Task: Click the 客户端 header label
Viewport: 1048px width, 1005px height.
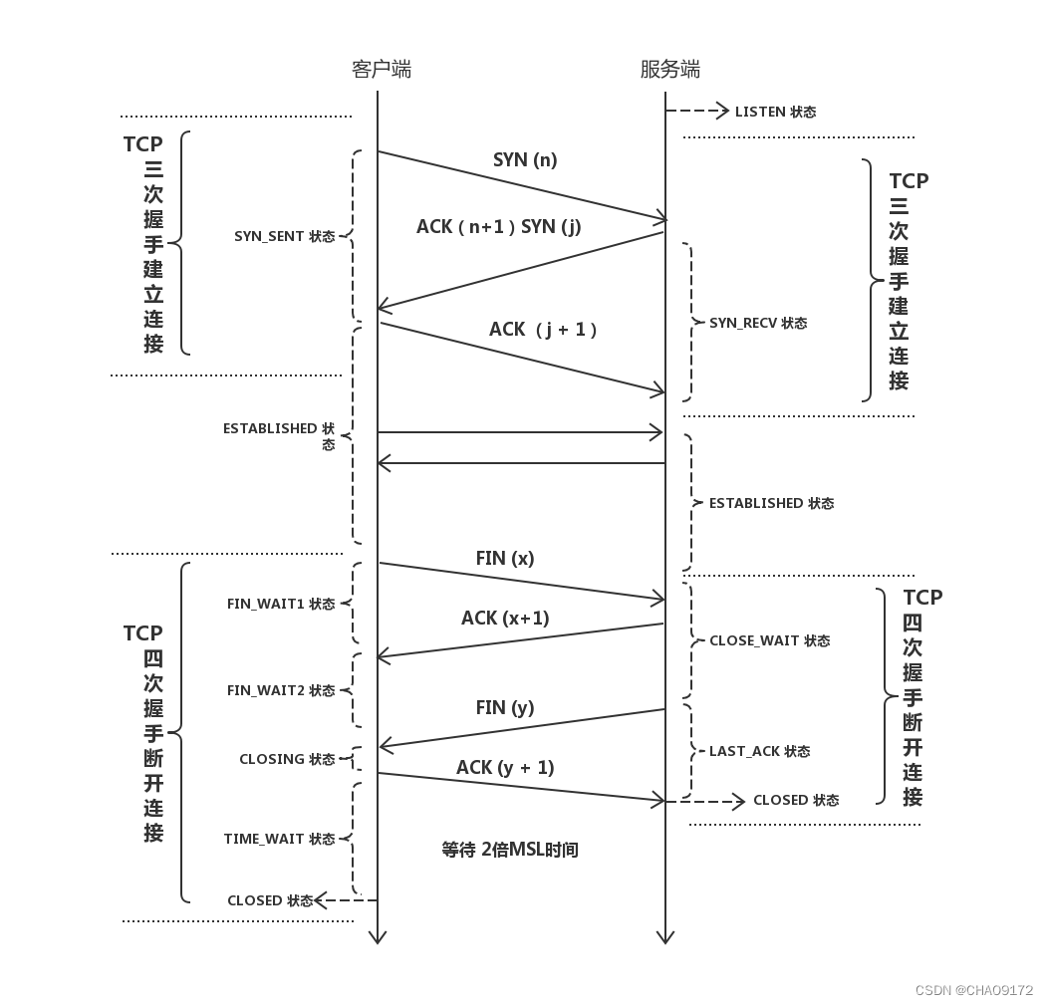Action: pyautogui.click(x=382, y=69)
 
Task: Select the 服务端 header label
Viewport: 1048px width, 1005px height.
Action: pyautogui.click(x=669, y=69)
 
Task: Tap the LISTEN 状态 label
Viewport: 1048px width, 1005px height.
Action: pyautogui.click(x=775, y=113)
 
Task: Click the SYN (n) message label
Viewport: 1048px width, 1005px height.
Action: pyautogui.click(x=525, y=159)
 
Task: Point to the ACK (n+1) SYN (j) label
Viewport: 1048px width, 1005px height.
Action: pyautogui.click(x=498, y=226)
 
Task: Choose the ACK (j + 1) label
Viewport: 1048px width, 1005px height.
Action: pyautogui.click(x=544, y=329)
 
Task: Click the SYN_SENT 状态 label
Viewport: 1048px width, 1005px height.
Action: pyautogui.click(x=285, y=237)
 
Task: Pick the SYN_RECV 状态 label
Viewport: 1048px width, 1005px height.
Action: pyautogui.click(x=758, y=324)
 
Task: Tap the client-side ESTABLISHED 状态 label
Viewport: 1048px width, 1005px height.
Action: pyautogui.click(x=279, y=434)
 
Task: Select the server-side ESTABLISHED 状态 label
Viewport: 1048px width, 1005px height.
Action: pyautogui.click(x=771, y=504)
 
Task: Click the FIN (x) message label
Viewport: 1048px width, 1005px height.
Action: pyautogui.click(x=505, y=559)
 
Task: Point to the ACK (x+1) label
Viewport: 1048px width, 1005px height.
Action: pyautogui.click(x=505, y=619)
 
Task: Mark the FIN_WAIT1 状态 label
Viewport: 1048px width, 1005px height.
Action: pyautogui.click(x=281, y=605)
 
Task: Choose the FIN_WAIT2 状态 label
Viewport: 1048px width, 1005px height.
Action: pyautogui.click(x=281, y=690)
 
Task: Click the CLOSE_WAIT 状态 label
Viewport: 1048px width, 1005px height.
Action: pyautogui.click(x=769, y=641)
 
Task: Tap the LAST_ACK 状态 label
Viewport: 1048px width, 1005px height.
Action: pyautogui.click(x=759, y=752)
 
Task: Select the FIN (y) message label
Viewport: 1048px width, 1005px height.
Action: pyautogui.click(x=505, y=708)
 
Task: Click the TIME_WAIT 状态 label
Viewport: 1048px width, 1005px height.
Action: pyautogui.click(x=279, y=840)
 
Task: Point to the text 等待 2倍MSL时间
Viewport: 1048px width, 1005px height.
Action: pyautogui.click(x=510, y=850)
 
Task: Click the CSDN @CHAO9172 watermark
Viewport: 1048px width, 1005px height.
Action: pyautogui.click(x=973, y=990)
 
